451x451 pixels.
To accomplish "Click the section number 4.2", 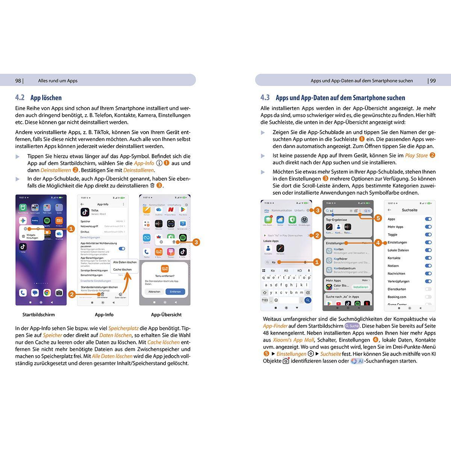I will pos(20,98).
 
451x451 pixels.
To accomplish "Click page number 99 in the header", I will pos(433,80).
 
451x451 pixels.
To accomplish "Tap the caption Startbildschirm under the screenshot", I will pos(38,315).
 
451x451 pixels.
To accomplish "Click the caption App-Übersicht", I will pos(166,315).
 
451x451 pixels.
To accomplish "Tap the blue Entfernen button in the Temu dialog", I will pos(175,292).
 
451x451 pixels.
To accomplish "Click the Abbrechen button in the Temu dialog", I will pos(154,292).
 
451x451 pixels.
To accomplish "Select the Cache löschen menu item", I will pos(123,269).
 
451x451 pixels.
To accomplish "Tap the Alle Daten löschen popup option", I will pos(125,262).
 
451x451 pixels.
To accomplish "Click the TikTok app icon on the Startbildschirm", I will pos(23,247).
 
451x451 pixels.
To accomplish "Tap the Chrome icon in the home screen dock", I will pos(47,293).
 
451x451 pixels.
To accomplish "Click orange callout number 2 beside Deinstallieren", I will pos(72,294).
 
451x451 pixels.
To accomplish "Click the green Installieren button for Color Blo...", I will pos(360,287).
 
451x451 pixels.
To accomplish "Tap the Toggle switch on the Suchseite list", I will pos(428,235).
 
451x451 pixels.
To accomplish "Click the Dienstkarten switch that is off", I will pos(428,289).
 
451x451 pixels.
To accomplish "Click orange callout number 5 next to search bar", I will pos(378,218).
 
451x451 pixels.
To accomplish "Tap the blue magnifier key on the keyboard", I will pos(308,300).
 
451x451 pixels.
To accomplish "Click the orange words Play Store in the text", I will pos(416,156).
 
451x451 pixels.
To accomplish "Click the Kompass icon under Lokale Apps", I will pos(280,249).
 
